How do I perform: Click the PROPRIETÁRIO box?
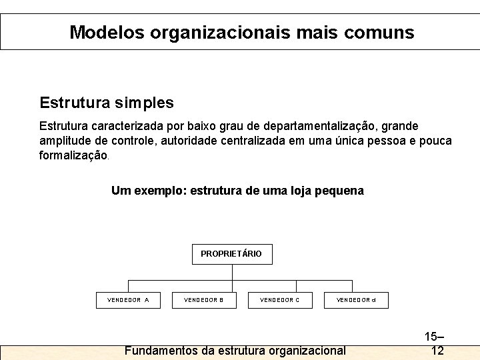coord(232,254)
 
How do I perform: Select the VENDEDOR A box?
coord(128,300)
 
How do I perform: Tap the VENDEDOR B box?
coord(203,300)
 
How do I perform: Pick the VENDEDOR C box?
coord(279,300)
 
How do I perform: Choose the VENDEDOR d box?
coord(355,300)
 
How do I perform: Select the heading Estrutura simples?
coord(107,103)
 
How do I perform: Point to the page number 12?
coord(438,351)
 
